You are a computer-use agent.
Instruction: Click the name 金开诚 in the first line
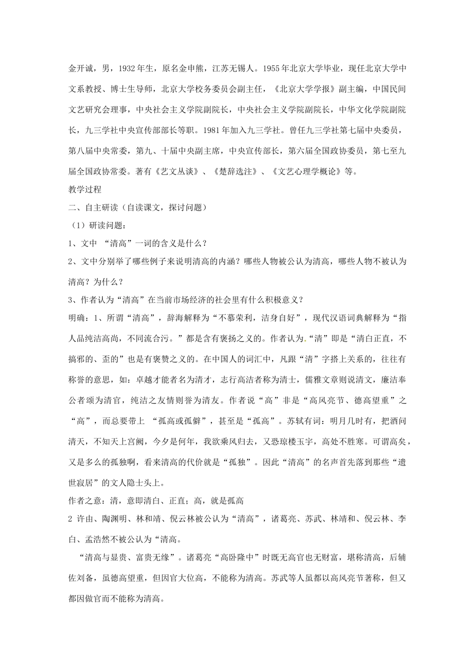coord(79,68)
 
